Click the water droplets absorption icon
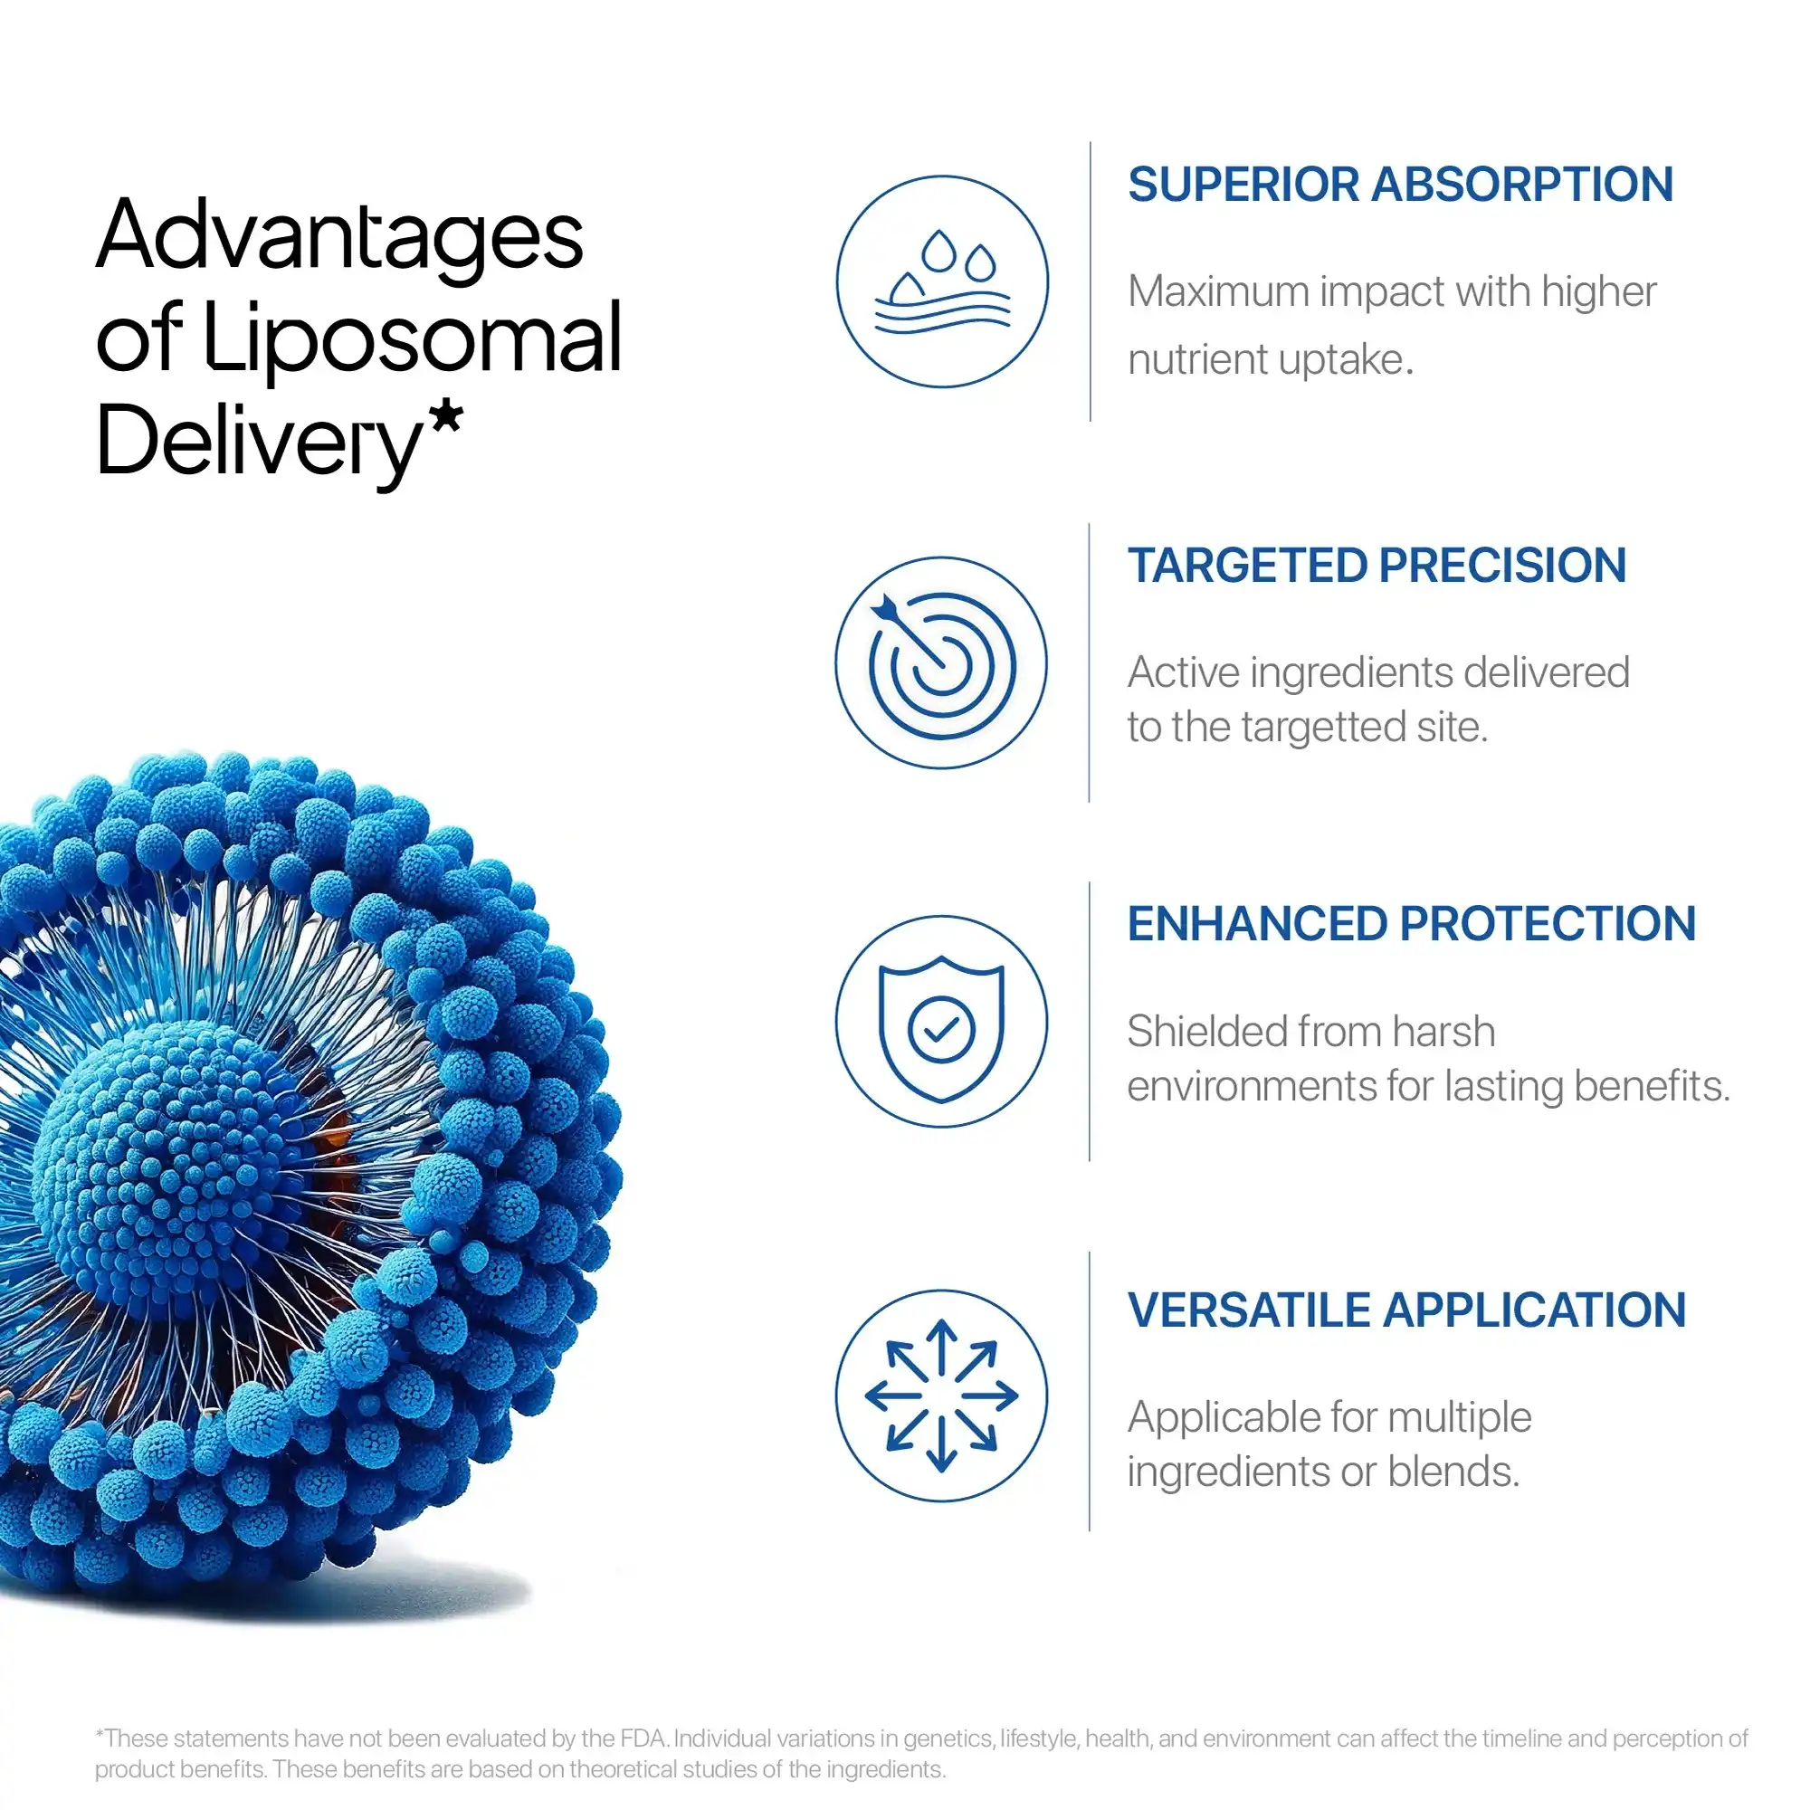941,281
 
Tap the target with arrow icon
941,663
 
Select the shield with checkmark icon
941,1022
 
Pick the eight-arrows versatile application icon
941,1396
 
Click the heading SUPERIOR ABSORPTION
1400,185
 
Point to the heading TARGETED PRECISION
1377,566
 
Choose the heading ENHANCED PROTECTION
1411,924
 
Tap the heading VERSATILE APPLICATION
1406,1310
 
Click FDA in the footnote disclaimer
643,1739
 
